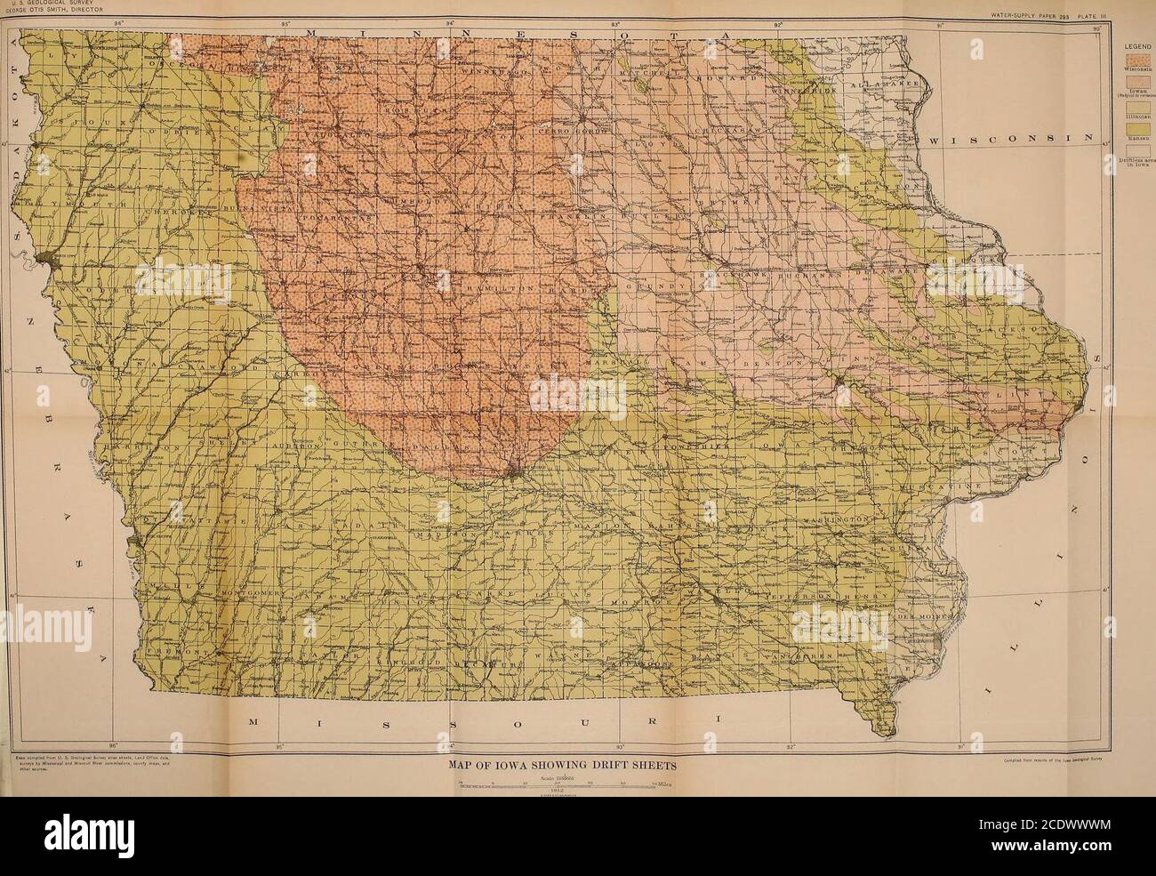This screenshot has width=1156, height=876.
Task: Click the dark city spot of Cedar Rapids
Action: click(839, 384)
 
